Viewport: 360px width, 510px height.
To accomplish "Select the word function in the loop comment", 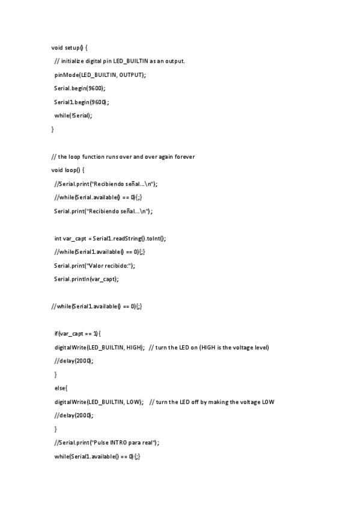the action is pyautogui.click(x=101, y=156).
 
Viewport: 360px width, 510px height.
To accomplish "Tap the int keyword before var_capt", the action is pyautogui.click(x=58, y=238).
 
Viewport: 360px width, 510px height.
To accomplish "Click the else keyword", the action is pyautogui.click(x=61, y=388).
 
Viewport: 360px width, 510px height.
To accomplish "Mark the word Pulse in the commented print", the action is pyautogui.click(x=99, y=443).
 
